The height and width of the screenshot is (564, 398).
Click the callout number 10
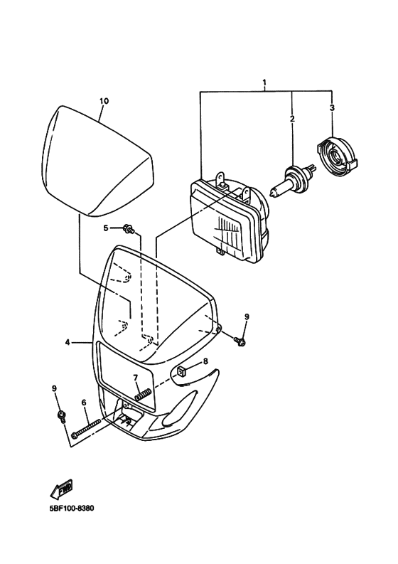pyautogui.click(x=104, y=101)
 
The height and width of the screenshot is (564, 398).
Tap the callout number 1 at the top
pyautogui.click(x=264, y=84)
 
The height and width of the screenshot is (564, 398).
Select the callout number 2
pyautogui.click(x=291, y=119)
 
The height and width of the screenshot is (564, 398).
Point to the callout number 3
pyautogui.click(x=331, y=108)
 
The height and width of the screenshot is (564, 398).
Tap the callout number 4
pyautogui.click(x=68, y=342)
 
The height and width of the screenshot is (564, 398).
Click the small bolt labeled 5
pyautogui.click(x=128, y=228)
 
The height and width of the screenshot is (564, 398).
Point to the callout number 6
pyautogui.click(x=84, y=403)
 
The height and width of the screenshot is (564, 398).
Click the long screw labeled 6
pyautogui.click(x=88, y=428)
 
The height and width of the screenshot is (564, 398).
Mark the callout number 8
pyautogui.click(x=205, y=361)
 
